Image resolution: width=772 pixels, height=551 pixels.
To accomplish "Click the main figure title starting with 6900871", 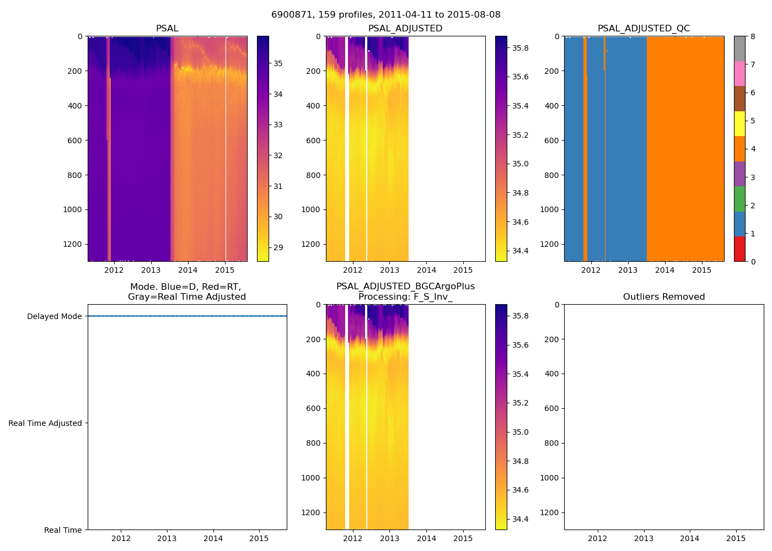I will point(386,15).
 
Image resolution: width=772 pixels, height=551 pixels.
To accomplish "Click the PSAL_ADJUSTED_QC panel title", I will point(644,29).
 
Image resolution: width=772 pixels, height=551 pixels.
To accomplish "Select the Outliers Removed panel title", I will point(664,297).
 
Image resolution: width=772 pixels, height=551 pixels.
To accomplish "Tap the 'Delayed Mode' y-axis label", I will point(54,316).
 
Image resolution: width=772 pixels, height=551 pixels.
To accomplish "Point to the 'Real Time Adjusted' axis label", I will point(45,423).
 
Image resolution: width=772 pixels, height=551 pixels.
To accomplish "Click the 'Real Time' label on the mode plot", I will point(63,530).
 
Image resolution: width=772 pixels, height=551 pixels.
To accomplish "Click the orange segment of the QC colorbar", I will point(739,149).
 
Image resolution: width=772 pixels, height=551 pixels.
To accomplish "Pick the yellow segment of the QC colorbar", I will point(739,123).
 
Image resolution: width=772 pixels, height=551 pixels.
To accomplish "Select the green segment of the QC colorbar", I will point(739,199).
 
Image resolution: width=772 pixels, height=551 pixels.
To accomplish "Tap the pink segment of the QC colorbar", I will point(739,73).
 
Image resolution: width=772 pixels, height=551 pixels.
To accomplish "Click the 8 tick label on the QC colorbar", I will point(753,36).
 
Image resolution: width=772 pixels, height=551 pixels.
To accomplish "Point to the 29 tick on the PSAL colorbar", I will point(277,247).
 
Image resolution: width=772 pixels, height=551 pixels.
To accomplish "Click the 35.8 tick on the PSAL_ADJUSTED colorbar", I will point(521,48).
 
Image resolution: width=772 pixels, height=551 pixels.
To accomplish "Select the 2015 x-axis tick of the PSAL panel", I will point(224,270).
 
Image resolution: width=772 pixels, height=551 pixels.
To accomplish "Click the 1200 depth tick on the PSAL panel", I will point(73,244).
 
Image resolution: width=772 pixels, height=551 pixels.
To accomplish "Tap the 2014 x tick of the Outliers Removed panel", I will point(690,538).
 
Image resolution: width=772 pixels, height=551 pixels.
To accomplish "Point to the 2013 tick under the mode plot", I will point(167,538).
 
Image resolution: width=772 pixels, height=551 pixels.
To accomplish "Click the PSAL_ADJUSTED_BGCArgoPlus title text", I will point(405,287).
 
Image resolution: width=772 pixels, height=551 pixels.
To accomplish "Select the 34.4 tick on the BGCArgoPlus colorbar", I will point(521,519).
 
